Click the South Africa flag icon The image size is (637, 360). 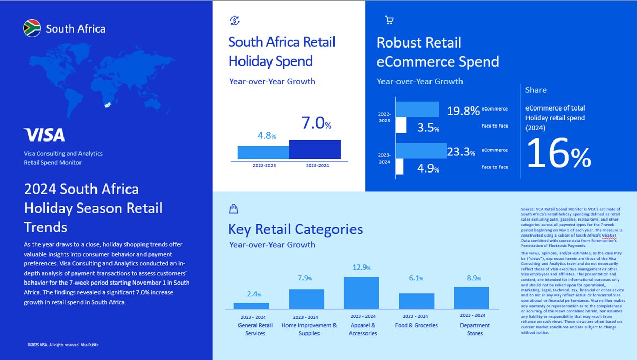32,28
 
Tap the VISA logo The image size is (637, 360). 44,135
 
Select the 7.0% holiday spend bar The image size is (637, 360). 314,149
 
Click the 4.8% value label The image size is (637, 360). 266,136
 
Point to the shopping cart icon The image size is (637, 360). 389,21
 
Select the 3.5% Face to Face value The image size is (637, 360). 428,128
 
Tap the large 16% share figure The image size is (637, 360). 558,153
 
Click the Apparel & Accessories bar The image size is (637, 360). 361,293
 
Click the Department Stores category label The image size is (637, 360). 475,329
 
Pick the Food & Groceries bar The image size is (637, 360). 416,301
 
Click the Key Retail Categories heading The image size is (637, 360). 295,229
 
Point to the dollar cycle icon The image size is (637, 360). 234,21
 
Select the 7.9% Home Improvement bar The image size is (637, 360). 306,299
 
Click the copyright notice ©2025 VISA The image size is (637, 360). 63,345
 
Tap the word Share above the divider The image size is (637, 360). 535,90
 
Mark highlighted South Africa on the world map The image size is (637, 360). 108,105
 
